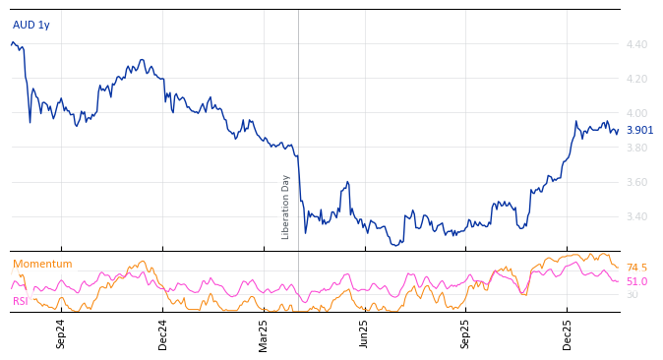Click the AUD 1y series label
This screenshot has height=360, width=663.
(30, 25)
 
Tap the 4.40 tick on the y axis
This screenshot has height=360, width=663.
(636, 44)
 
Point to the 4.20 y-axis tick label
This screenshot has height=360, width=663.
(636, 79)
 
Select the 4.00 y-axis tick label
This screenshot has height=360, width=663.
(636, 113)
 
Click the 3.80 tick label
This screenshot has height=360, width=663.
(636, 148)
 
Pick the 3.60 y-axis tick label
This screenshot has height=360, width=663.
(636, 182)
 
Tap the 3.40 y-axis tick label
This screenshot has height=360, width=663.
(636, 216)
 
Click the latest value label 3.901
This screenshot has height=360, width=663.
(639, 130)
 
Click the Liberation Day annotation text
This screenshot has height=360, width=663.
(286, 207)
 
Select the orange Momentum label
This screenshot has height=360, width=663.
(42, 264)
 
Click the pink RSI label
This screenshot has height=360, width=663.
(20, 301)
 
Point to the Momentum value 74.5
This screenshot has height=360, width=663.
(636, 268)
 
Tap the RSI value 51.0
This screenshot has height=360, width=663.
(636, 281)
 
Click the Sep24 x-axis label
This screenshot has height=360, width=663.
(61, 333)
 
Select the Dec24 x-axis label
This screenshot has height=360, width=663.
(163, 333)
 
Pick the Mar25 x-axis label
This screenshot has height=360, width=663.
(264, 333)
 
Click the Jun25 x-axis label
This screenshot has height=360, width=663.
(365, 333)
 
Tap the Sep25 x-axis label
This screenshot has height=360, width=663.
(466, 333)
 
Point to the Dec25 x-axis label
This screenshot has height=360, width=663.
(568, 333)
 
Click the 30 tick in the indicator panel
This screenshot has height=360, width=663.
(632, 294)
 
